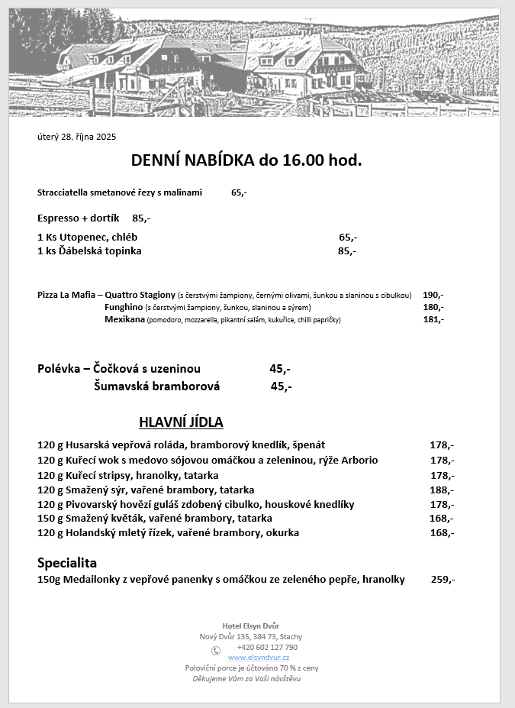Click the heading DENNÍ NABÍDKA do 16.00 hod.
[246, 160]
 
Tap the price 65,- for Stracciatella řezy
[239, 192]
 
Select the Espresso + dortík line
[93, 218]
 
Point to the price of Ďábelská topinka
[347, 251]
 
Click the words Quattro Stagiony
[140, 295]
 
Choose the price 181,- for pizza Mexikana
[433, 319]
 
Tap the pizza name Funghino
[124, 307]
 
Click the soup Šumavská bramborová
[156, 386]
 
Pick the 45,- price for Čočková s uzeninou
[280, 369]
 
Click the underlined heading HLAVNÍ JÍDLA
[181, 422]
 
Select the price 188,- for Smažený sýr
[442, 490]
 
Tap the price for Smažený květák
[442, 519]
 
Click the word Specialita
[67, 563]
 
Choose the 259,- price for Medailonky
[443, 580]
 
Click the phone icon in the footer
[216, 651]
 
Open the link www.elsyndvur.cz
[259, 658]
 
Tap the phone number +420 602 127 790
[267, 647]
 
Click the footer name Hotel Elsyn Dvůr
[251, 626]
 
